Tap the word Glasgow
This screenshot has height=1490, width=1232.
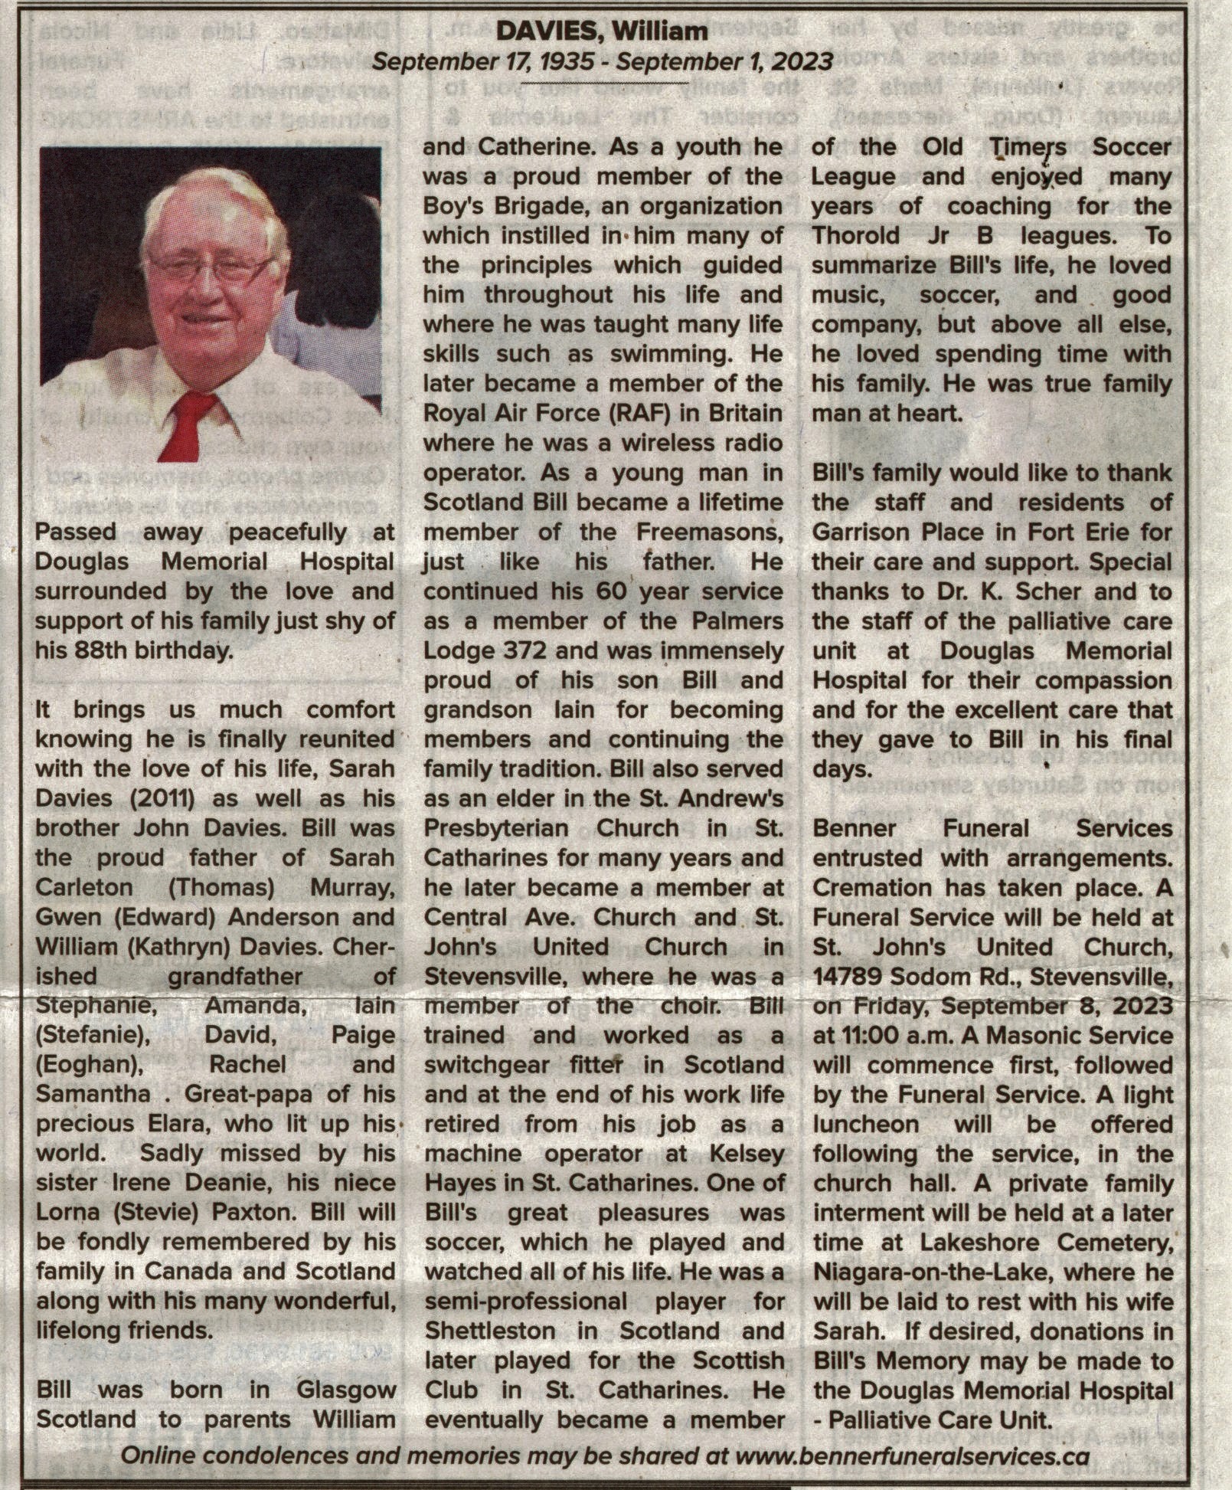[348, 1390]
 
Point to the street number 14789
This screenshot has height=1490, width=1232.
[850, 977]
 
